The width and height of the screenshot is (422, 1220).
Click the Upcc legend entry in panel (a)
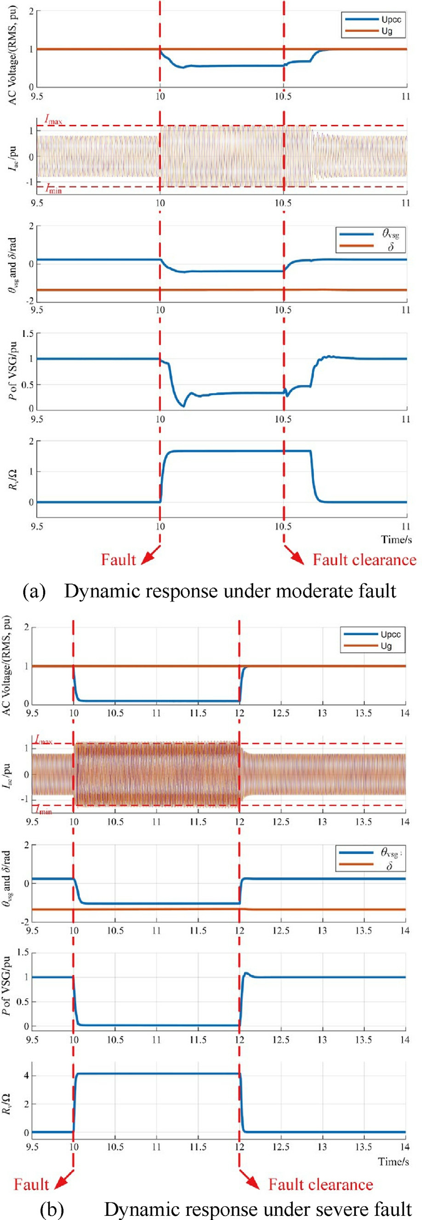tap(373, 19)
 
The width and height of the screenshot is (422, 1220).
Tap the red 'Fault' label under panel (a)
tap(118, 560)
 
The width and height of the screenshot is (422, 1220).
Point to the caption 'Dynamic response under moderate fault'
tap(230, 591)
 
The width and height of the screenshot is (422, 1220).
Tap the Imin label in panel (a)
tap(53, 189)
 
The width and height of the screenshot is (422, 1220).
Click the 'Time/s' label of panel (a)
tap(396, 539)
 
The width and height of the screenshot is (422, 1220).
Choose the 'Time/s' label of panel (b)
tap(393, 1161)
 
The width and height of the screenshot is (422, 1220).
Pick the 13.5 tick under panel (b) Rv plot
tap(363, 1147)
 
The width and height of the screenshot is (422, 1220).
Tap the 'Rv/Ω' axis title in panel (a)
tap(13, 478)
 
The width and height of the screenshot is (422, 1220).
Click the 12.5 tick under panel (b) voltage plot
tap(281, 713)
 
